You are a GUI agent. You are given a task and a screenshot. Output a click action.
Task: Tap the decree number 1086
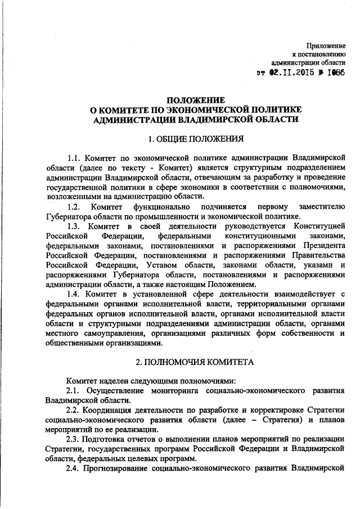pyautogui.click(x=333, y=73)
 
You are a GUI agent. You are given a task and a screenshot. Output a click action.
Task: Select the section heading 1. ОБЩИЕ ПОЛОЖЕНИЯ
pyautogui.click(x=195, y=138)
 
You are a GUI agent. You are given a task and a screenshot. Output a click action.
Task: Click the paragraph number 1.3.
pyautogui.click(x=75, y=226)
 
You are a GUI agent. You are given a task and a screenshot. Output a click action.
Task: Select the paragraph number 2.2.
pyautogui.click(x=75, y=409)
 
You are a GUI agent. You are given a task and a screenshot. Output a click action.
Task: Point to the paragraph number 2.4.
pyautogui.click(x=75, y=469)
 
